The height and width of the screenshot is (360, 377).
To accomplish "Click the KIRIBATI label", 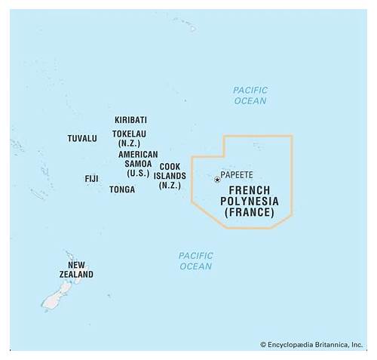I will (130, 120).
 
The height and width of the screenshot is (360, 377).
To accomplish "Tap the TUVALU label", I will (82, 139).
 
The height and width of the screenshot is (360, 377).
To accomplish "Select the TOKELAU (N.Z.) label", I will (130, 138).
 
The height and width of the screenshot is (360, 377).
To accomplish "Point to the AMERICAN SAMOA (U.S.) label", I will (138, 164).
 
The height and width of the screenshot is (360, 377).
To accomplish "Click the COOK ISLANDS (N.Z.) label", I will (170, 176).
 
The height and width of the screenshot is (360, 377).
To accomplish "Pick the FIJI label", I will (91, 179).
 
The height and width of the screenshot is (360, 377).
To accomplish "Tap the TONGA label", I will (122, 189).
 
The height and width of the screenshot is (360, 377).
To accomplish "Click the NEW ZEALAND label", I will (76, 270).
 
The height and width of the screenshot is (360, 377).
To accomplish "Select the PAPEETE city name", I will (237, 174).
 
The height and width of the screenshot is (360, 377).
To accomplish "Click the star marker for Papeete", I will (217, 180).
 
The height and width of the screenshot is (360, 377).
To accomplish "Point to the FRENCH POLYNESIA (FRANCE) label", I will (249, 202).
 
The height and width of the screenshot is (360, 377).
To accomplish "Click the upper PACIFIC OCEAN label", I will (250, 95).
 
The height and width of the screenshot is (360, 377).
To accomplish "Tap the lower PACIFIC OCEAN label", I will (195, 261).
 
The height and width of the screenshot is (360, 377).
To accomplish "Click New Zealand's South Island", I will (52, 300).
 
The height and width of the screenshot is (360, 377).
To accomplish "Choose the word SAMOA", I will (138, 164).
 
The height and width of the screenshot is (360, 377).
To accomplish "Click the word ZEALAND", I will (76, 275).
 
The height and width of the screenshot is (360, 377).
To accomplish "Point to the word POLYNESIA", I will (250, 202).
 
